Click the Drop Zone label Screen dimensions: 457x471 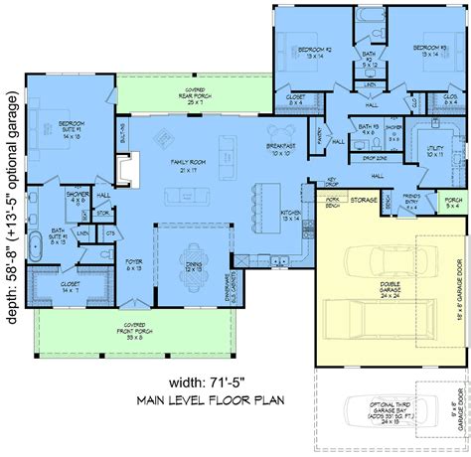pos(375,157)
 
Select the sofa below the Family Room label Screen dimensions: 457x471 pos(185,198)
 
